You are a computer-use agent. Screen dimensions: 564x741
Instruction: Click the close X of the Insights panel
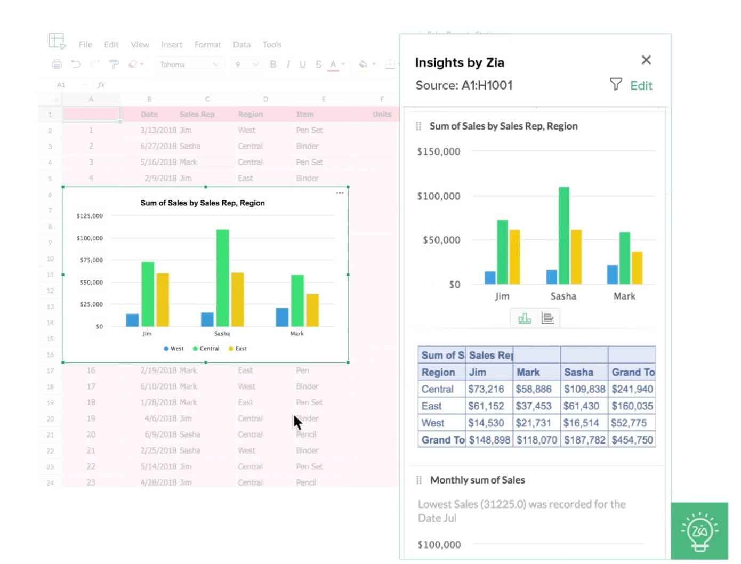(646, 60)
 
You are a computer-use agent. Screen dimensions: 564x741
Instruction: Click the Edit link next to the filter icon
(641, 86)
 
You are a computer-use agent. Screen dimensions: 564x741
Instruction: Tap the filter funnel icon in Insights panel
(616, 84)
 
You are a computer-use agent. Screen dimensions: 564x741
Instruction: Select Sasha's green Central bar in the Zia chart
(563, 235)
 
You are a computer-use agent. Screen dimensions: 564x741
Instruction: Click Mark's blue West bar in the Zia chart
(613, 275)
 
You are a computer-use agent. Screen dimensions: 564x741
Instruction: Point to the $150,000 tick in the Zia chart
(438, 152)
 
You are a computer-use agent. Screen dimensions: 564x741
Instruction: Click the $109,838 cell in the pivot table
(584, 389)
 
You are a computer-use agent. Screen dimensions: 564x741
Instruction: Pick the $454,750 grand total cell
(632, 440)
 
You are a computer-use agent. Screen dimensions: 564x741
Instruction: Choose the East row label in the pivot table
(432, 406)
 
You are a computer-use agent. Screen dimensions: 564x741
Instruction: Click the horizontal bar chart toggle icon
(547, 318)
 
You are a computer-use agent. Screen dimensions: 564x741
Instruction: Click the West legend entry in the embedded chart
(174, 349)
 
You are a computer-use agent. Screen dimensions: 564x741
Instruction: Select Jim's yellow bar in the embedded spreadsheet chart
(163, 300)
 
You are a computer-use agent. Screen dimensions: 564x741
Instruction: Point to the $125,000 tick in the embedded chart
(90, 216)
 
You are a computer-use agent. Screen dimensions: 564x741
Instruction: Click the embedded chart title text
(203, 203)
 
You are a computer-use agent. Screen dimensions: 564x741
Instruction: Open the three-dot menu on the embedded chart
(340, 193)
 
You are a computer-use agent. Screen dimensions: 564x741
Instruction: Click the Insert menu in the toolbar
(172, 45)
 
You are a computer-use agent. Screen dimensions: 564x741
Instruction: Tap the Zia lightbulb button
(699, 531)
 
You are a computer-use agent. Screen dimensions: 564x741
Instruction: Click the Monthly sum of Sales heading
(477, 480)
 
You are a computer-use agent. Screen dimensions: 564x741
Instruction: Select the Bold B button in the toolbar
(273, 65)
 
